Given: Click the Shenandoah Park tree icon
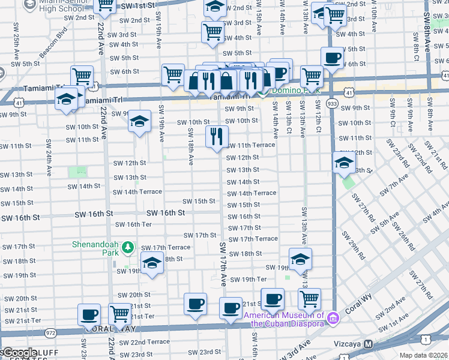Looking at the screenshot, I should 127,247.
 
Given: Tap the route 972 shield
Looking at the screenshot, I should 50,332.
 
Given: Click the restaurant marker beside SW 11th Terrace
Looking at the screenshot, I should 217,137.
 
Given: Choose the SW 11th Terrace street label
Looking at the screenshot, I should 250,145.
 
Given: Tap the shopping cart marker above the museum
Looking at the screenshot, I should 309,298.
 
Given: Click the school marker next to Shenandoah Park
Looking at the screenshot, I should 152,263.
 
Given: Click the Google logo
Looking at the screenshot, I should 19,353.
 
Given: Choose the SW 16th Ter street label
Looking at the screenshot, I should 133,224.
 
